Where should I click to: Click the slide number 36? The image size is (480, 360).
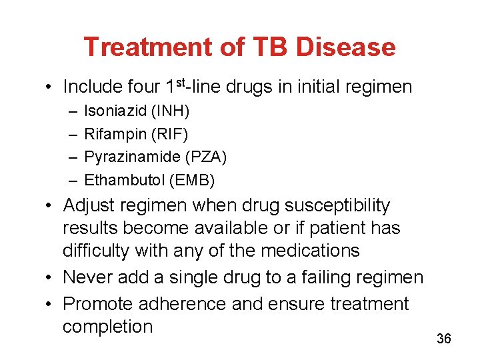[444, 339]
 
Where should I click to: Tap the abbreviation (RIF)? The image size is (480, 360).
[170, 133]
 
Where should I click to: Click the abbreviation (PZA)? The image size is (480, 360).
[206, 157]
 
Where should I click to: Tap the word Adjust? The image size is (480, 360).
[89, 205]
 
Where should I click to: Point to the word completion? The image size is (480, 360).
[108, 327]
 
